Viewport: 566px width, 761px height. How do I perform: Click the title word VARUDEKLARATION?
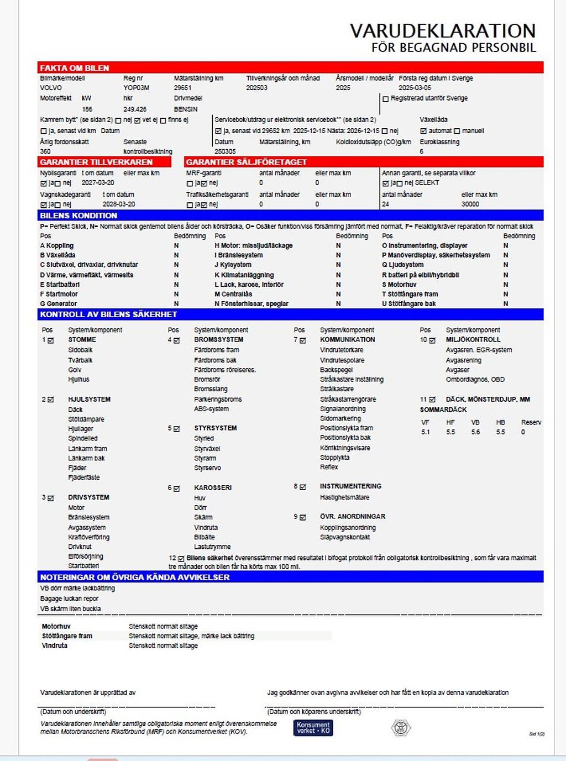[x=443, y=31]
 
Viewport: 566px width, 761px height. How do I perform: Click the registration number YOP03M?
[x=136, y=88]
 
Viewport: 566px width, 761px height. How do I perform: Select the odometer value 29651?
[x=182, y=88]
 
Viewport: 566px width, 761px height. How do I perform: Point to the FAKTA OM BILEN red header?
[x=75, y=68]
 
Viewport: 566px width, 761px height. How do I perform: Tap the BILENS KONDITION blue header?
[x=78, y=216]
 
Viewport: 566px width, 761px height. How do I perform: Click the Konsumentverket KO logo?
[x=313, y=728]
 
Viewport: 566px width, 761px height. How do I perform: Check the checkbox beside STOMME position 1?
[x=51, y=340]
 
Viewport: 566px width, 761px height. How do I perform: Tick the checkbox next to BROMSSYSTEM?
[x=177, y=340]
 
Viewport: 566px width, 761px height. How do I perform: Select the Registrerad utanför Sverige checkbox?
[x=386, y=99]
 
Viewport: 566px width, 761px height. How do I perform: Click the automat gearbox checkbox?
[x=423, y=131]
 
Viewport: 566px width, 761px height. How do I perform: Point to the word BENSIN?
[x=185, y=109]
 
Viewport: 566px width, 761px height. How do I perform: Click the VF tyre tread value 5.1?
[x=426, y=432]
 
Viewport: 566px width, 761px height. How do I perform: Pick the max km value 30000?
[x=470, y=204]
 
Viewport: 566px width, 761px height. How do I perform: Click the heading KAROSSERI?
[x=213, y=488]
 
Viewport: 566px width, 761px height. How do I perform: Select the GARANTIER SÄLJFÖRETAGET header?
[x=246, y=162]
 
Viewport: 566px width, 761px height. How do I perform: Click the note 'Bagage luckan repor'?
[x=69, y=599]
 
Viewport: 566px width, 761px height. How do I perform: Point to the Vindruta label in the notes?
[x=55, y=645]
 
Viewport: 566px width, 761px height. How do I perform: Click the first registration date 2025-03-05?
[x=415, y=88]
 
